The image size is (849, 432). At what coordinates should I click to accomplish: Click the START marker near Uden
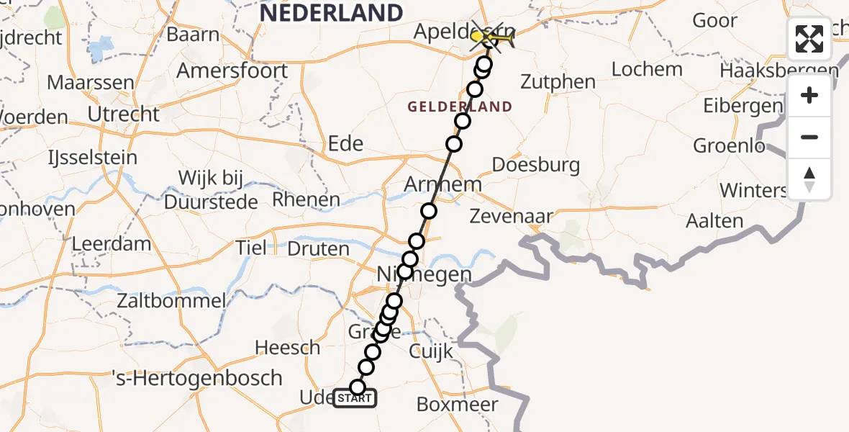point(355,397)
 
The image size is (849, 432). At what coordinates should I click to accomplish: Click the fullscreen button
point(809,39)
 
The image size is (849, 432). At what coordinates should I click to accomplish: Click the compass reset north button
point(809,179)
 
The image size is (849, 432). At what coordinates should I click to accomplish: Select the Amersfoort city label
point(232,71)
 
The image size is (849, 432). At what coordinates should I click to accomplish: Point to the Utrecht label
point(123,114)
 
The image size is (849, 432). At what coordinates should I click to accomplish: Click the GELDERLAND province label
point(460,107)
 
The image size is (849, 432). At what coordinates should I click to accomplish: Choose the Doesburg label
point(535,165)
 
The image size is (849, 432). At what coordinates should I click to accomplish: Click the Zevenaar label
point(511,215)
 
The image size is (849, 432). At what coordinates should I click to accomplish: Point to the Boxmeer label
point(457,404)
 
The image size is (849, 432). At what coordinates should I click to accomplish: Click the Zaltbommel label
point(173,301)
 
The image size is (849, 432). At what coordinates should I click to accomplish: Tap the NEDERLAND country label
point(331,13)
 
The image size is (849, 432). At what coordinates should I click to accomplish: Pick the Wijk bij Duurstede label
point(211,189)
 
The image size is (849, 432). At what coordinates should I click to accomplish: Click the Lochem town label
point(647,70)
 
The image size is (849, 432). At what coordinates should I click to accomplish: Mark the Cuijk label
point(430,351)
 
